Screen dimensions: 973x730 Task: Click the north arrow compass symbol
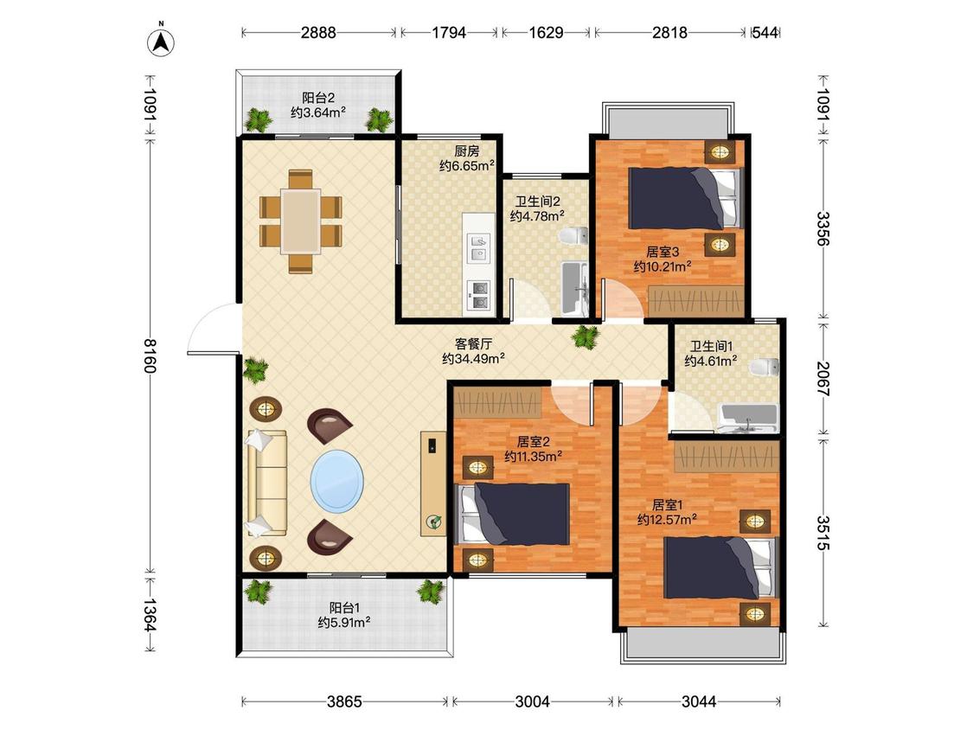(161, 41)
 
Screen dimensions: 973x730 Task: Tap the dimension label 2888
(318, 32)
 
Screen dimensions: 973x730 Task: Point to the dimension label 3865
(344, 701)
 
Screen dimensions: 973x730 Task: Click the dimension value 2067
(823, 378)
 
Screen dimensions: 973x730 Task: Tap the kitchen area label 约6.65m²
(467, 166)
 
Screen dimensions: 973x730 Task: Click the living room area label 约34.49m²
(473, 359)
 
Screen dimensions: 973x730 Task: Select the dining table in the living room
(300, 221)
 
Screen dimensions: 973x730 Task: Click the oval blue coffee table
(337, 480)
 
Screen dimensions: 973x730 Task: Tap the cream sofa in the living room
(267, 483)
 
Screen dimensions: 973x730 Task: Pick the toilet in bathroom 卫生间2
(573, 236)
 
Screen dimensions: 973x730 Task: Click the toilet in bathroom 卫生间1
(764, 367)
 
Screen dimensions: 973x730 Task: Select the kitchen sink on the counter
(477, 247)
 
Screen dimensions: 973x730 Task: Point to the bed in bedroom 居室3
(685, 198)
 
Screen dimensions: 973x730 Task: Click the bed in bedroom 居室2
(514, 514)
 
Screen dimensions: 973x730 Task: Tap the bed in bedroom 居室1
(720, 568)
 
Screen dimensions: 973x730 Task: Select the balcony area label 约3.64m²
(318, 112)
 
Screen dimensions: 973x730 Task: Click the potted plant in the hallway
(586, 336)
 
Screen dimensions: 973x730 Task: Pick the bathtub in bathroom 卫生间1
(748, 418)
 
